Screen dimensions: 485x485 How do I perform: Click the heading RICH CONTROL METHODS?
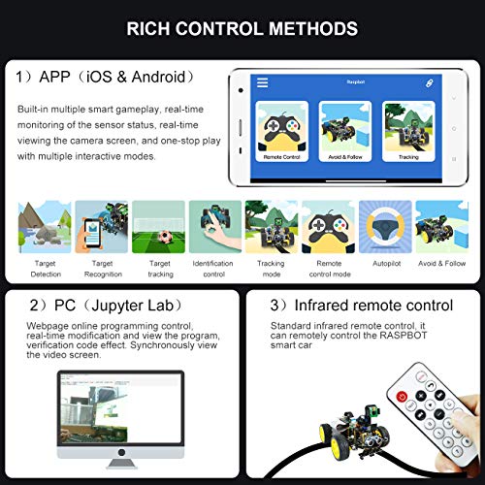point(242,28)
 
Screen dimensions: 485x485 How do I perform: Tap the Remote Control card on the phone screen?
point(281,130)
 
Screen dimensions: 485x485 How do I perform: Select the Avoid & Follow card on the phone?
point(343,130)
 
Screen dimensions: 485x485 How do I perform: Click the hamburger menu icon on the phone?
point(262,83)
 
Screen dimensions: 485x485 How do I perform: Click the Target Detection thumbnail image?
point(45,227)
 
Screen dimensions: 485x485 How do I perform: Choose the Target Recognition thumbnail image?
point(102,227)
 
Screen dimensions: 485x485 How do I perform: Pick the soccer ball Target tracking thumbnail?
point(158,227)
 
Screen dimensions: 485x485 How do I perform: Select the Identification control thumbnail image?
point(214,227)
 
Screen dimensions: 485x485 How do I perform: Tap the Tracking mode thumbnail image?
point(271,227)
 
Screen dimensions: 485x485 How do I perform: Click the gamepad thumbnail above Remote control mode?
point(328,227)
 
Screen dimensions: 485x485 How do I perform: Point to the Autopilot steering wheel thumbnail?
point(384,227)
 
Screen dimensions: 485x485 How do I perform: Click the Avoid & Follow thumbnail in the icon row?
point(441,227)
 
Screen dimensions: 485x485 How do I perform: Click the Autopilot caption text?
point(384,263)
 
